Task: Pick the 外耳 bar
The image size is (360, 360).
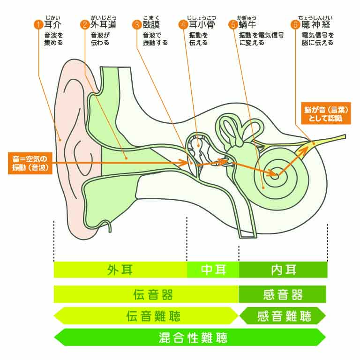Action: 120,270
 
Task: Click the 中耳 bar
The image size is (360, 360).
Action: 213,270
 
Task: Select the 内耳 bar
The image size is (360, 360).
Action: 283,270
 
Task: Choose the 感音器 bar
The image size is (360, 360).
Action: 283,294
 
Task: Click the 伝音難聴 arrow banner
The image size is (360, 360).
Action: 146,316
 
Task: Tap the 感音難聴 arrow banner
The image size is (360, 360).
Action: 283,316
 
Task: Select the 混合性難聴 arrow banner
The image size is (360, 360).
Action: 190,337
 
